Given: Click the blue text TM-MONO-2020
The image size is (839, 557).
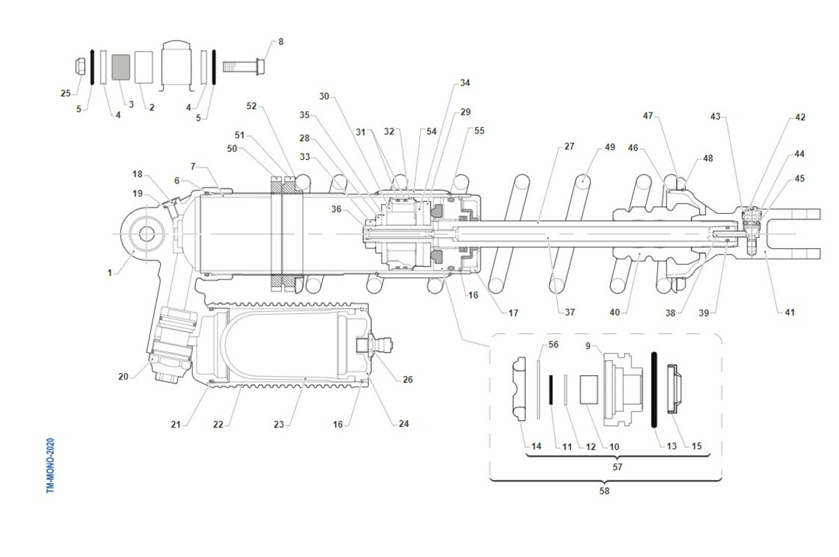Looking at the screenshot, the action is [50, 465].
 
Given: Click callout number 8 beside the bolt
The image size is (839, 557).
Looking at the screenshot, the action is [281, 42].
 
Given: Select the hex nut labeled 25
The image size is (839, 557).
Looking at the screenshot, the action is [80, 66].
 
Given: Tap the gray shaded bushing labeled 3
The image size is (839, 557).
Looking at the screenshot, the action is [120, 67].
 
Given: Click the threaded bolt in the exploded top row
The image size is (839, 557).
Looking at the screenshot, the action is [243, 67].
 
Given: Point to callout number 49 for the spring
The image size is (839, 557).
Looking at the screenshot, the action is [610, 147].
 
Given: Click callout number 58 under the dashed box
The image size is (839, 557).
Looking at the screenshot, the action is [604, 491].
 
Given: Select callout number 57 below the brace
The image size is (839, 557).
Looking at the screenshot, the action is [617, 467].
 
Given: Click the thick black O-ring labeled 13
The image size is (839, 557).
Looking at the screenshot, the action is [654, 389].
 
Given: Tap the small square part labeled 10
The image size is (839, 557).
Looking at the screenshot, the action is [589, 390].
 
